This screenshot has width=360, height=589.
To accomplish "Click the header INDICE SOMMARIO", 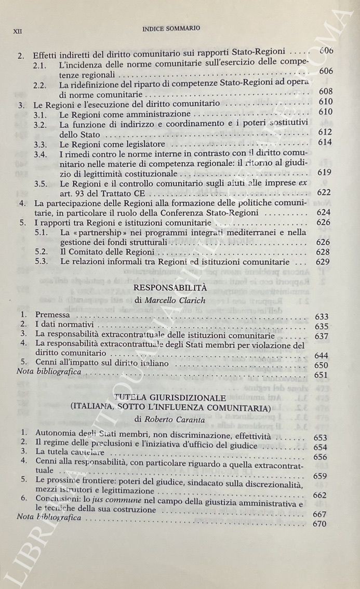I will click(x=171, y=29).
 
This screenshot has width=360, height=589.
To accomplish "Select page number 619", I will click(x=323, y=172).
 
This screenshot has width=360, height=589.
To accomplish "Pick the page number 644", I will click(x=323, y=355).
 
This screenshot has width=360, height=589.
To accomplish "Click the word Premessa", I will click(x=52, y=315).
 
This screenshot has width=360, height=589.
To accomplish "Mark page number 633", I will click(x=322, y=317).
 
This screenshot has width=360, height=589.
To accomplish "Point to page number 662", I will click(x=321, y=495).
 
